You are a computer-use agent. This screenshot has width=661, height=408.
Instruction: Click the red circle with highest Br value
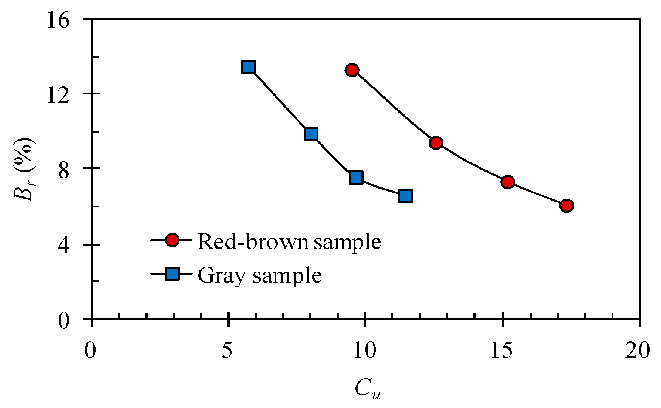tap(352, 70)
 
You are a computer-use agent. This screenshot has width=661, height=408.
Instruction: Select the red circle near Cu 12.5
tap(436, 143)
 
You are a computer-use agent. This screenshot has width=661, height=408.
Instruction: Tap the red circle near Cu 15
tap(508, 182)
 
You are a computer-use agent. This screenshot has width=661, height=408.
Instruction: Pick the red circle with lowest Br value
tap(567, 206)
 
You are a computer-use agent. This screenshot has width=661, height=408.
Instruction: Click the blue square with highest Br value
tap(249, 67)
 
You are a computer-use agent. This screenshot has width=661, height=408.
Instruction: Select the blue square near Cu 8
tap(311, 134)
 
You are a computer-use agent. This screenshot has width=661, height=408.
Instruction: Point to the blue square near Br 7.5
tap(356, 177)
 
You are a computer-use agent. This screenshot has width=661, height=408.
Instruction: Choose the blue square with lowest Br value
tap(405, 196)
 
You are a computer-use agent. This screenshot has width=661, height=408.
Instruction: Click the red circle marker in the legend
tap(173, 240)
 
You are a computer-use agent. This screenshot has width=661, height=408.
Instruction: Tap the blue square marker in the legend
tap(173, 274)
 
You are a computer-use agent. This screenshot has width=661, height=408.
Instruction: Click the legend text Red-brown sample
tap(289, 241)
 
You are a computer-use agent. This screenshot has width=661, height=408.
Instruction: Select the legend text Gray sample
tap(260, 275)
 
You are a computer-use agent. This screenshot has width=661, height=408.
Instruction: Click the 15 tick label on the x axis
tap(502, 350)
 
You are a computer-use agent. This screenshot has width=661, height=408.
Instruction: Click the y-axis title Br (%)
tap(24, 169)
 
